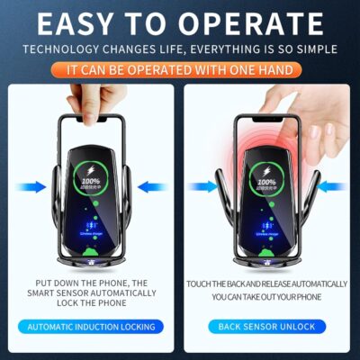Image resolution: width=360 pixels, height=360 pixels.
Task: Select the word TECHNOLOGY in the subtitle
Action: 60,49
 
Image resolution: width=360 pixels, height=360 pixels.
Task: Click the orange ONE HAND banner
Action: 179,68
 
